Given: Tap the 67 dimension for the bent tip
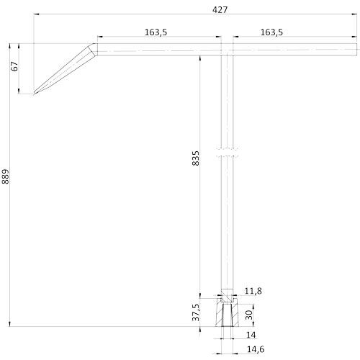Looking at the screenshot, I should point(14,68).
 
